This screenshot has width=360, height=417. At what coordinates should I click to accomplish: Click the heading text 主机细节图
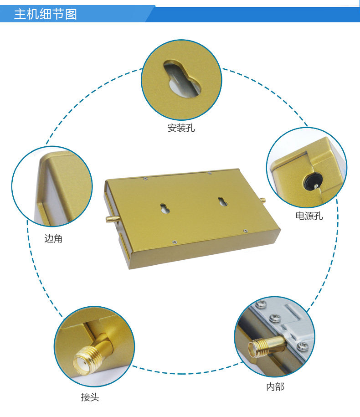coord(46,14)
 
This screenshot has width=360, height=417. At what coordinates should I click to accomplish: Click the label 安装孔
coord(181,128)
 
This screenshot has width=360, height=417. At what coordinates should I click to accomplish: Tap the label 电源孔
coord(309,216)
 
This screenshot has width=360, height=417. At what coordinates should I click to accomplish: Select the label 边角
coord(53,238)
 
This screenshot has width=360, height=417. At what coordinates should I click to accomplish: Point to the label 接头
coord(90,397)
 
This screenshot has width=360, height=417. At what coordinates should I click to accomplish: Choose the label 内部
coord(275,386)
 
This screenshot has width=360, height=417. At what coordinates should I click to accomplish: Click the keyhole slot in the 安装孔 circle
coord(182,79)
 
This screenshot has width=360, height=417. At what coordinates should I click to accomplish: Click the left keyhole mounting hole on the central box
coord(165,208)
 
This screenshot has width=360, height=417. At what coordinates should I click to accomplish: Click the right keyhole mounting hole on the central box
coord(222,201)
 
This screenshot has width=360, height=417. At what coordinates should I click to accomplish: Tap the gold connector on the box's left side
coord(113,219)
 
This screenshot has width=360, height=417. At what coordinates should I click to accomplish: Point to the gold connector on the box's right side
coord(262,200)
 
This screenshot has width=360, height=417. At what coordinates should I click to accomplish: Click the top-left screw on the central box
coord(145,179)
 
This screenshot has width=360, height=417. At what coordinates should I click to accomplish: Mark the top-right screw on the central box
coord(210,173)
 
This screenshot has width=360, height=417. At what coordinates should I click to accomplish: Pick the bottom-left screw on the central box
coord(174,242)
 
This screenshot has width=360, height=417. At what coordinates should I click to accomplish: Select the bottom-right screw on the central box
coord(245,231)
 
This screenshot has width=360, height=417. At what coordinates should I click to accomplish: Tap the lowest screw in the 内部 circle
coord(303,346)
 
